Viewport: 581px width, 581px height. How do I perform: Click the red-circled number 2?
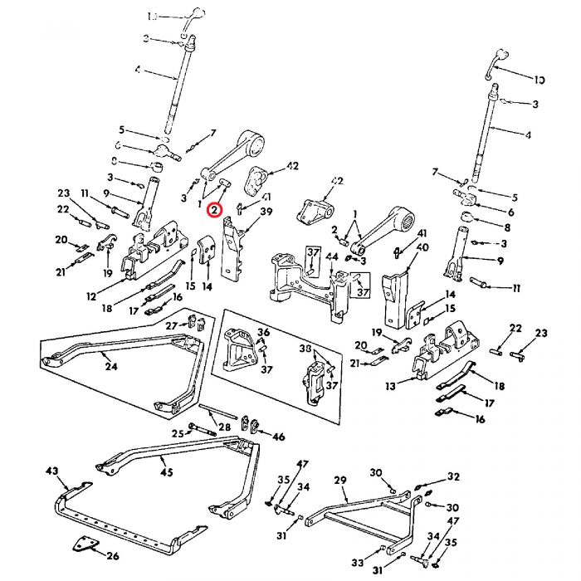coord(215,210)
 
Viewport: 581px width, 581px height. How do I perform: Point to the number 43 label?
coord(52,471)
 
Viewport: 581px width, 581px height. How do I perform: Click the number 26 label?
coord(113,555)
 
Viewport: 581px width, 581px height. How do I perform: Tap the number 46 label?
coord(278,436)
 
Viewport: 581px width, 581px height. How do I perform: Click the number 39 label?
coord(266,212)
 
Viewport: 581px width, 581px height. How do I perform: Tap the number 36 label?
coord(263,333)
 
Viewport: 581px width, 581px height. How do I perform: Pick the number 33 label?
coord(358,563)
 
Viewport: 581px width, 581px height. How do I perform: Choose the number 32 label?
coord(452,477)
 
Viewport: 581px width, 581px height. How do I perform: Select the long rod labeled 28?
coord(219,411)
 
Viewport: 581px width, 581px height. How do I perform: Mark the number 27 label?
coord(171,325)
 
